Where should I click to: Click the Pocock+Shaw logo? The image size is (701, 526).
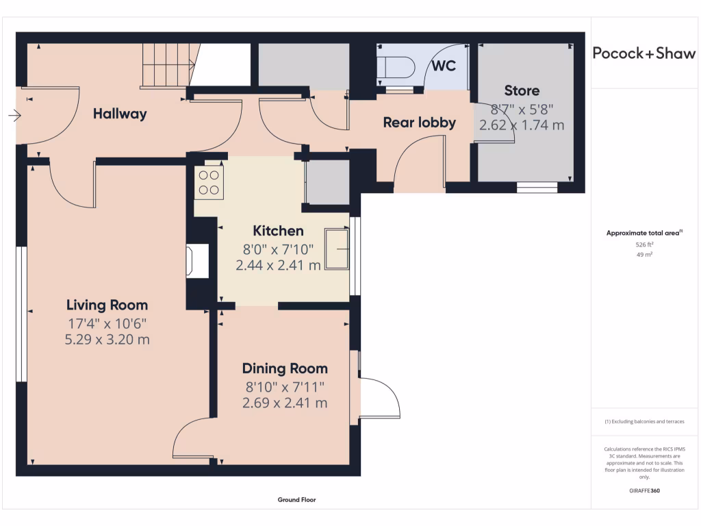(x=643, y=53)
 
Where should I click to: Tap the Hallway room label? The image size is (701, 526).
(x=120, y=114)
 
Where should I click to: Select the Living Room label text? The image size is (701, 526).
(x=107, y=305)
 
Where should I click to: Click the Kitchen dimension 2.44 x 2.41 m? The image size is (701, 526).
(x=278, y=265)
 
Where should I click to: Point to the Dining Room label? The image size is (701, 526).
(x=285, y=368)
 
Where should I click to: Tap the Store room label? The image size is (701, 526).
(x=522, y=90)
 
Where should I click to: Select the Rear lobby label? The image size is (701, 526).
(x=419, y=123)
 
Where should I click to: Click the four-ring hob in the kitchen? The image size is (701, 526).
(x=209, y=183)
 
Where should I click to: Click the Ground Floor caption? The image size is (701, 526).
(x=296, y=500)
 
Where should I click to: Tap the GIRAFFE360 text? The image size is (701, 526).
(x=643, y=490)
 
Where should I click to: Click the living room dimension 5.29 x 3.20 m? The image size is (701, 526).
(x=107, y=340)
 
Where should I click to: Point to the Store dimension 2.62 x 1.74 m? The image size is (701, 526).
(x=522, y=125)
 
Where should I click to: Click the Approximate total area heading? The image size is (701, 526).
(x=643, y=234)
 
